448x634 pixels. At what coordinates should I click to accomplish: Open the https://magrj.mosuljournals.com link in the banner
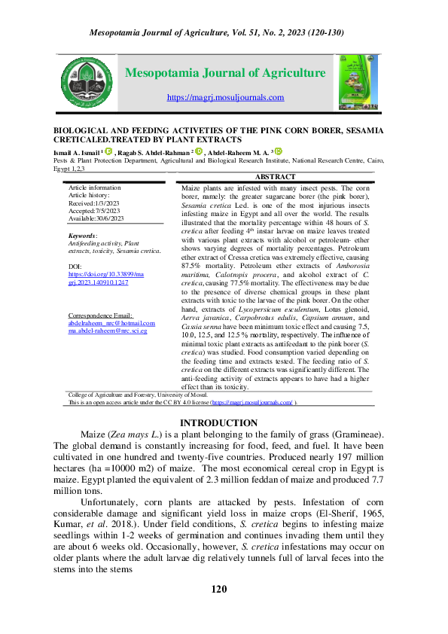225,97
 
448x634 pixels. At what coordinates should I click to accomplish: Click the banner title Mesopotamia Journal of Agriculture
224,73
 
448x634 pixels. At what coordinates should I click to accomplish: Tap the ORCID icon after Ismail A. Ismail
108,151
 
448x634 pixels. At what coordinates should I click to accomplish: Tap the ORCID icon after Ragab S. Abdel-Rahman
200,151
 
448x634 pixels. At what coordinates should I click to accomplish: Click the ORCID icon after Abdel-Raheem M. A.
277,151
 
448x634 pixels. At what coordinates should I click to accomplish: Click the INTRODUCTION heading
218,423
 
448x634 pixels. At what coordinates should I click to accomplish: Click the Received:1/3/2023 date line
94,203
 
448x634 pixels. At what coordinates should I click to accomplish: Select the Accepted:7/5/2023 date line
94,212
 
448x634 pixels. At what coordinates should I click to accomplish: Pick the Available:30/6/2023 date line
96,220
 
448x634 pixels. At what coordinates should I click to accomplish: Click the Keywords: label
82,236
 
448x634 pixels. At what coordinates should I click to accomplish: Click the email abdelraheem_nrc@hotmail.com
111,343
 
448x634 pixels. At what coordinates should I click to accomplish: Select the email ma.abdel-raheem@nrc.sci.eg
108,352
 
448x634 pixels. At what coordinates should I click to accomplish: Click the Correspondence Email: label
100,336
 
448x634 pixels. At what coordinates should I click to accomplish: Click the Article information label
94,187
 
